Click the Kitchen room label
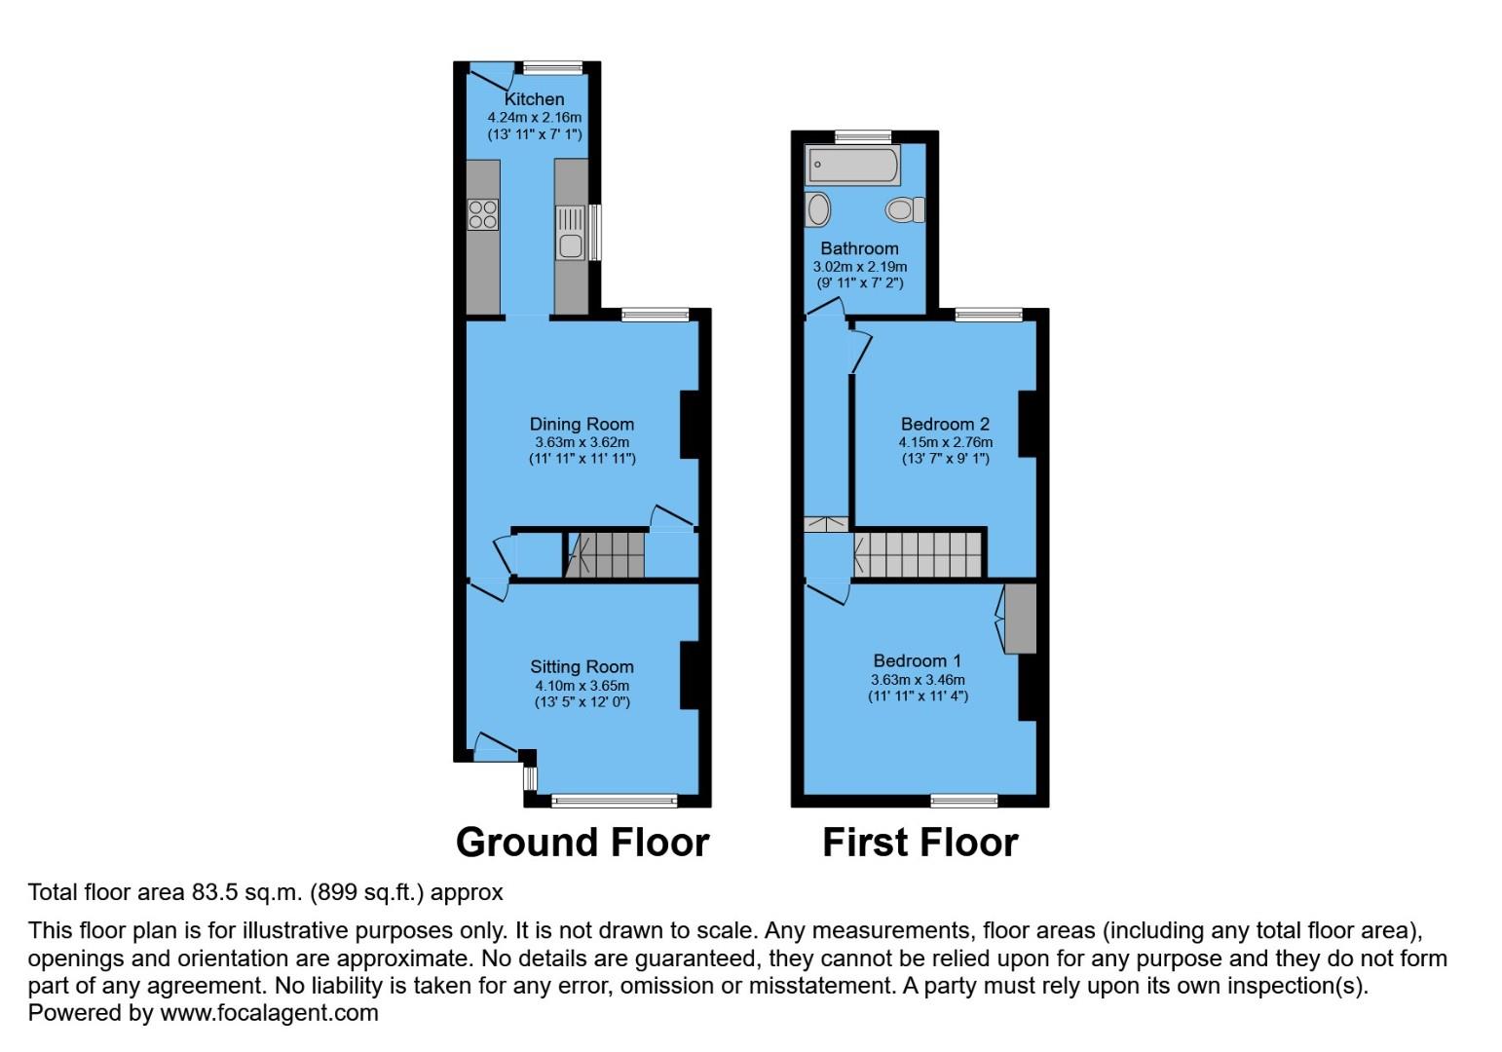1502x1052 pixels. (x=534, y=99)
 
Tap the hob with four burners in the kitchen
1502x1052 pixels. (x=483, y=214)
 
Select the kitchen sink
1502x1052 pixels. (x=571, y=234)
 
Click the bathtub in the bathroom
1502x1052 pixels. (x=852, y=166)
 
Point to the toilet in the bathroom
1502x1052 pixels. (x=905, y=209)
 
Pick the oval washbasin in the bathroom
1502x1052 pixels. (x=819, y=209)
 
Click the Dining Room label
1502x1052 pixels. (x=582, y=424)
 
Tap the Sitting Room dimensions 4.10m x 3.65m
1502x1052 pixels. (x=582, y=685)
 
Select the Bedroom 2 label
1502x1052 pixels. (x=945, y=424)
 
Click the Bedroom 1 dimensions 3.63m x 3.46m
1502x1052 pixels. (x=918, y=679)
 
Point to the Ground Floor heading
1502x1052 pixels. (x=582, y=843)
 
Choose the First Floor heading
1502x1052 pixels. (x=920, y=843)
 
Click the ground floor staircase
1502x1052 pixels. (x=606, y=555)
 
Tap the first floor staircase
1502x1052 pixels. (x=918, y=554)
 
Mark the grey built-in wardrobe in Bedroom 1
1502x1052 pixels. (x=1021, y=619)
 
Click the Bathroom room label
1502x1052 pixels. (x=859, y=248)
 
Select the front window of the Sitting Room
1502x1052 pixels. (x=614, y=801)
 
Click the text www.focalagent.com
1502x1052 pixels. (x=269, y=1013)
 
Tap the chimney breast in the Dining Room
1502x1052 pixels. (x=690, y=425)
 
